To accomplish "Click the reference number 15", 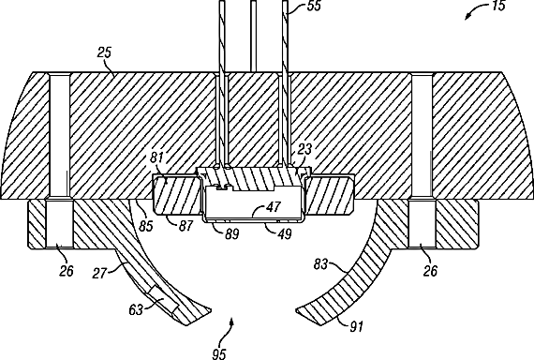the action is tap(497, 6).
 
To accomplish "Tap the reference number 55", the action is tap(314, 6).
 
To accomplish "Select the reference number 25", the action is tap(105, 52).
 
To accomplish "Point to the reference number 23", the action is tap(304, 149).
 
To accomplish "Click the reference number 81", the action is tap(156, 157).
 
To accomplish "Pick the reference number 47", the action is tap(274, 206).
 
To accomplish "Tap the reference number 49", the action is tap(285, 233).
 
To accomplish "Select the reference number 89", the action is tap(231, 233).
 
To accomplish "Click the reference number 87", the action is tap(185, 226).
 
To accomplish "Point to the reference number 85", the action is tap(146, 226).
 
